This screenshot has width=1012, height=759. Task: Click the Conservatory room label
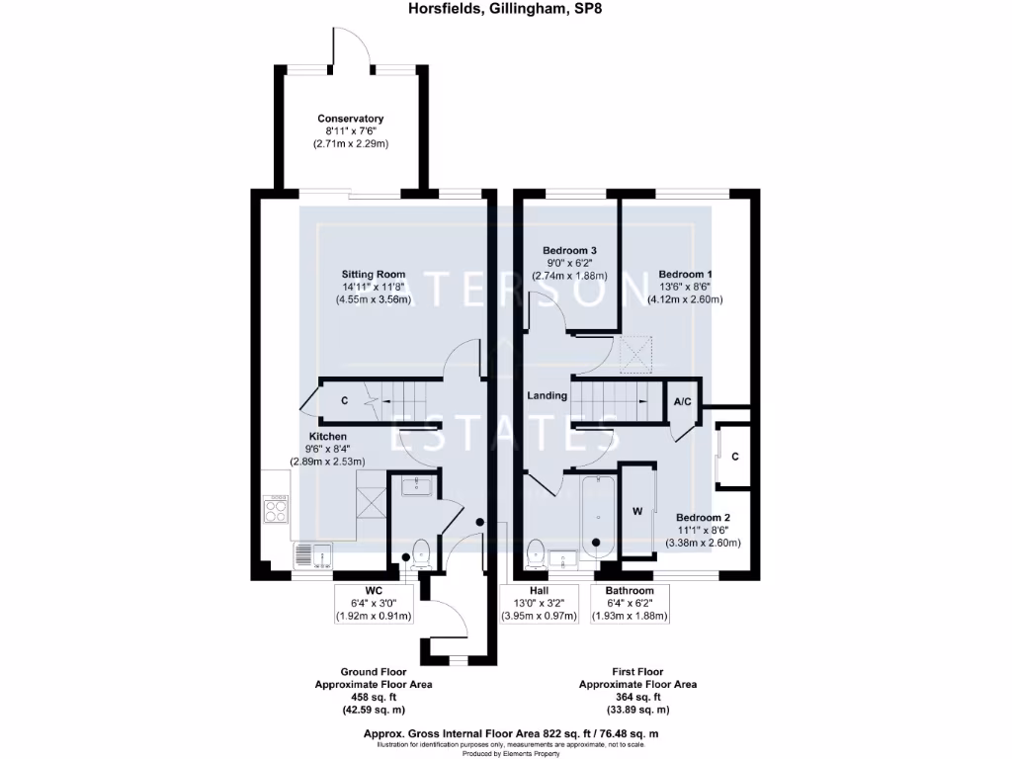(350, 119)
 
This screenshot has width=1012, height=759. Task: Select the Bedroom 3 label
(569, 251)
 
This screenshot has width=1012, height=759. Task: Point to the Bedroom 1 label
(685, 274)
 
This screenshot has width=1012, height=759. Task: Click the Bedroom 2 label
(703, 517)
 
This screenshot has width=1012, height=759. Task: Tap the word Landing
(547, 395)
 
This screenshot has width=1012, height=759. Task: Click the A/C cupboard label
(682, 402)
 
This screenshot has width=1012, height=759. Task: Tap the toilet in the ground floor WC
(418, 551)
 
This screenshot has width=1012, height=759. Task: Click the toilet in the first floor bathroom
(536, 553)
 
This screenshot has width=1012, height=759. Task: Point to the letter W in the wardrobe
(637, 512)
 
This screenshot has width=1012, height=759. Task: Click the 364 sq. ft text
(637, 697)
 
